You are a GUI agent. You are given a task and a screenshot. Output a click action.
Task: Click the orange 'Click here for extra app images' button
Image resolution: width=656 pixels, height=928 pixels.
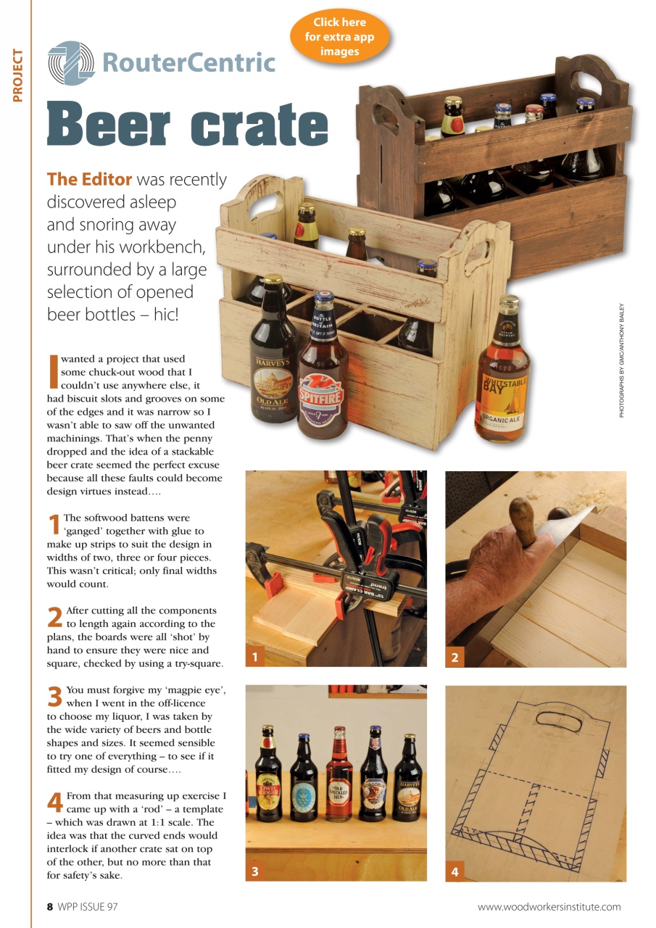(x=339, y=36)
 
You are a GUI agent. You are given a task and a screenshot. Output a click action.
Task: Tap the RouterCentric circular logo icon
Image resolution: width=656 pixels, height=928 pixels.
(x=71, y=63)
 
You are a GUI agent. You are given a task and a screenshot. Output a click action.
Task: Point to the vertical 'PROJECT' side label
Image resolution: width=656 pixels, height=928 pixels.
(x=18, y=75)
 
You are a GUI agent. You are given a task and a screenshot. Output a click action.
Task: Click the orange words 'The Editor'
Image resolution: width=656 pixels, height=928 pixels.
(x=89, y=179)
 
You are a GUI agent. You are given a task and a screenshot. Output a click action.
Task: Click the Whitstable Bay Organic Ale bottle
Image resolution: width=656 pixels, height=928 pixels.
(x=503, y=377)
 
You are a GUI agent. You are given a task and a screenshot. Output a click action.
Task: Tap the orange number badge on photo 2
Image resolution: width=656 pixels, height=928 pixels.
(x=454, y=658)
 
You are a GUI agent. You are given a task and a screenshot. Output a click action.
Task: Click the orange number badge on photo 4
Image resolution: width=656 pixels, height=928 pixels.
(x=454, y=871)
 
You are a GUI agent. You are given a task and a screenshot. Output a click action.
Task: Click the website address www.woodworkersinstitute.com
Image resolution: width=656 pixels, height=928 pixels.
(x=549, y=906)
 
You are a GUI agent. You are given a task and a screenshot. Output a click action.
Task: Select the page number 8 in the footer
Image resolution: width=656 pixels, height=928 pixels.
(x=50, y=906)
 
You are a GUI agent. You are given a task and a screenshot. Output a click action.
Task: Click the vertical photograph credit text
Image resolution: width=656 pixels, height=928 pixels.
(x=621, y=360)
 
